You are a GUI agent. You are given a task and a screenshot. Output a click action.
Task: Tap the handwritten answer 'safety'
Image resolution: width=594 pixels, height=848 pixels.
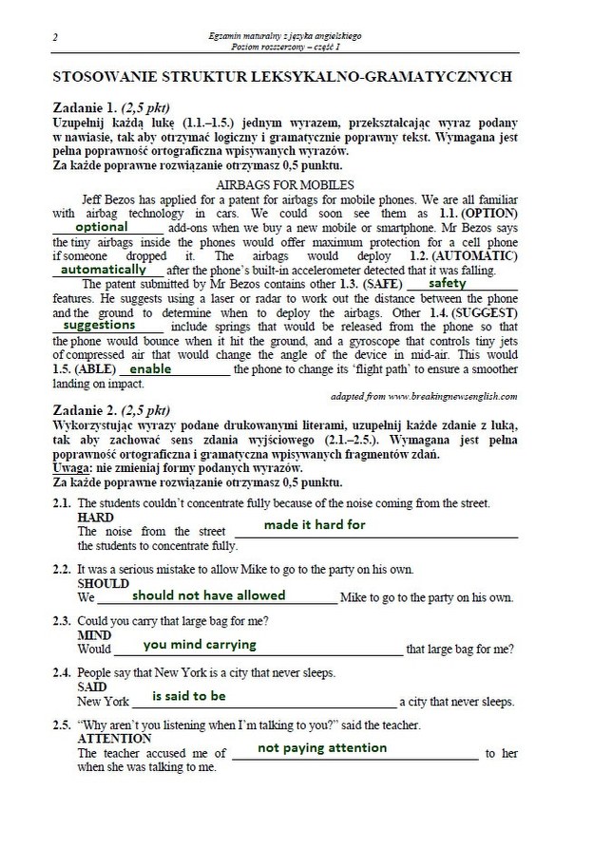447,283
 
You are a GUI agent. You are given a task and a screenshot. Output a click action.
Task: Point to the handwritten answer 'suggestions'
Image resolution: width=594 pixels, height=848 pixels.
99,325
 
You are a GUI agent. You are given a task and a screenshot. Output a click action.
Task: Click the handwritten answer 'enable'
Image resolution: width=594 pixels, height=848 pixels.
150,368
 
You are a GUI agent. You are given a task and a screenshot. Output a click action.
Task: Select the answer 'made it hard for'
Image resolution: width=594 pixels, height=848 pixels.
314,524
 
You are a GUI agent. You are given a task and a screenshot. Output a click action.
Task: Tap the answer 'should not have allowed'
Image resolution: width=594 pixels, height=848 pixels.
208,595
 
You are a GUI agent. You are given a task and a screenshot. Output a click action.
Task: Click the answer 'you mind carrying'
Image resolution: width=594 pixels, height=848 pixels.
200,645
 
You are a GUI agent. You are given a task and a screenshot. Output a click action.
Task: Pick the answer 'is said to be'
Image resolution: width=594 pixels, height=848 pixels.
189,696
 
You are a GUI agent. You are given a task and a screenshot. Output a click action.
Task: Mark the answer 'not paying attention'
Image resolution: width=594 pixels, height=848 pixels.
322,747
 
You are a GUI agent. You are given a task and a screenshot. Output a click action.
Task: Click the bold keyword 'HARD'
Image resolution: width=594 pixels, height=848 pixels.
95,518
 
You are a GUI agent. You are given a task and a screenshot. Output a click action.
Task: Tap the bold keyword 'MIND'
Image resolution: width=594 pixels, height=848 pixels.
94,635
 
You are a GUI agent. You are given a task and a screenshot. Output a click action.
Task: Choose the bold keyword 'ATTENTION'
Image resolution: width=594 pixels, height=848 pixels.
114,738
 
